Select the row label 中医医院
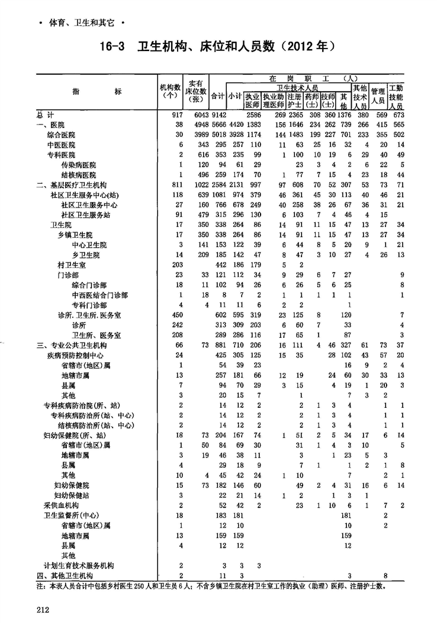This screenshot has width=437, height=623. click(61, 145)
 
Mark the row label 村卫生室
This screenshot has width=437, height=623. click(72, 264)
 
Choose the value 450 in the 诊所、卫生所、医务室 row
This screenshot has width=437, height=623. click(176, 315)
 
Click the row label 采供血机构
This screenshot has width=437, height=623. click(61, 505)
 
